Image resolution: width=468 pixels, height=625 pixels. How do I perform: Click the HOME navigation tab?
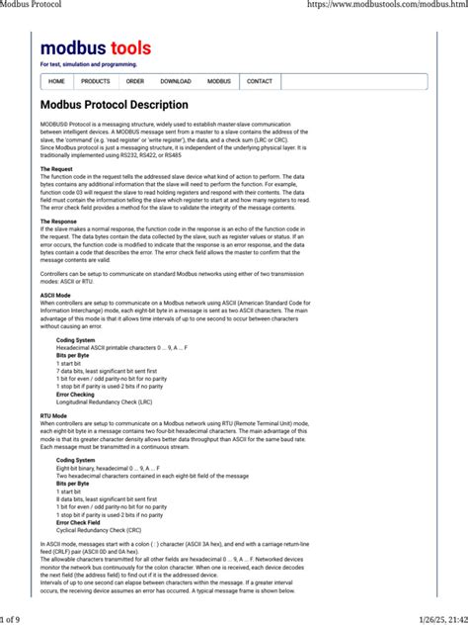(56, 81)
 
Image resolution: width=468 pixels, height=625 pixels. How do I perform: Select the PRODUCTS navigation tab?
(96, 81)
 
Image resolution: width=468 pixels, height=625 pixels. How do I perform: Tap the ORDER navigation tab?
(135, 81)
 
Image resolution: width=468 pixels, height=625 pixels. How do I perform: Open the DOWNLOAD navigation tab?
(176, 81)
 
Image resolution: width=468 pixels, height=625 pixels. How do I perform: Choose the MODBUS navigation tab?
(219, 81)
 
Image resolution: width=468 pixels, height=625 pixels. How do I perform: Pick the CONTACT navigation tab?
(260, 81)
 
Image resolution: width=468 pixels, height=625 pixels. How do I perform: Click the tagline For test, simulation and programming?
(89, 64)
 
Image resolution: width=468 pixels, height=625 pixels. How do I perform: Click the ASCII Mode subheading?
(55, 296)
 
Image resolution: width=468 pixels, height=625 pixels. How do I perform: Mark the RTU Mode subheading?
(53, 415)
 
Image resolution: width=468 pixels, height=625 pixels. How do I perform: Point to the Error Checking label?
(76, 394)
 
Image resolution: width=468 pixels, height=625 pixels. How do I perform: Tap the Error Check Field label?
(79, 521)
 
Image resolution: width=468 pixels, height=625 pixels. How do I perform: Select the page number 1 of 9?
(17, 618)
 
